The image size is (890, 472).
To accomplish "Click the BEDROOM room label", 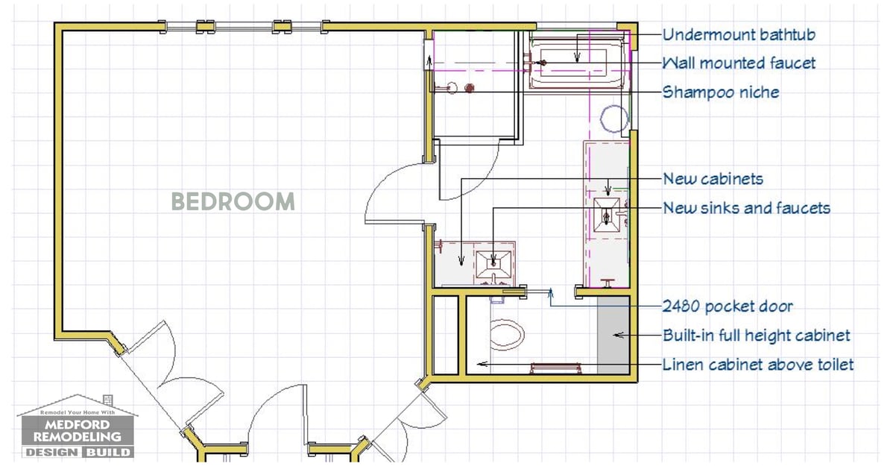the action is pyautogui.click(x=233, y=201).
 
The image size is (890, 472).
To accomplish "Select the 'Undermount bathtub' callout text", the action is pyautogui.click(x=739, y=34).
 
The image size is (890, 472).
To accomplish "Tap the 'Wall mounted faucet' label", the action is pyautogui.click(x=739, y=63).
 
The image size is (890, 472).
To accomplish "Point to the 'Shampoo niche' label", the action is pyautogui.click(x=721, y=92).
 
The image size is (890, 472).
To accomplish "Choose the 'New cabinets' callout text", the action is pyautogui.click(x=713, y=179).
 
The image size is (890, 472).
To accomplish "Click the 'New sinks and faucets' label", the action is pyautogui.click(x=746, y=208).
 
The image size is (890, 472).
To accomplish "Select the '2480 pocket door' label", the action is pyautogui.click(x=728, y=306).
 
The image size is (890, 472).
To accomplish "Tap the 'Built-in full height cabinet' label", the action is pyautogui.click(x=757, y=335).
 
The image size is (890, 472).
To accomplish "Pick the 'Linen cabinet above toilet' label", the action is pyautogui.click(x=758, y=364).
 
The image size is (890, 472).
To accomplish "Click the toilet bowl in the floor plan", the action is pyautogui.click(x=505, y=335).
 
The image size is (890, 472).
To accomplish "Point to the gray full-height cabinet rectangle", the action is pyautogui.click(x=613, y=335).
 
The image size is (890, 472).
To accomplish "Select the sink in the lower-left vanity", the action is pyautogui.click(x=493, y=263).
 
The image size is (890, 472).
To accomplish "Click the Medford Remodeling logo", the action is pyautogui.click(x=78, y=427).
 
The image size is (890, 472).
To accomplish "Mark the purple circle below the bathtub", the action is pyautogui.click(x=614, y=119).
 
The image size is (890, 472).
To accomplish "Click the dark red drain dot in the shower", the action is pyautogui.click(x=470, y=88).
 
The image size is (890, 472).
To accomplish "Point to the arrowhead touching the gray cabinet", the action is pyautogui.click(x=617, y=335).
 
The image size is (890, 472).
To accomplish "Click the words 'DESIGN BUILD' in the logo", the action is pyautogui.click(x=78, y=452).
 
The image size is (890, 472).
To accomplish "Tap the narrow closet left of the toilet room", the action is pyautogui.click(x=446, y=335).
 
